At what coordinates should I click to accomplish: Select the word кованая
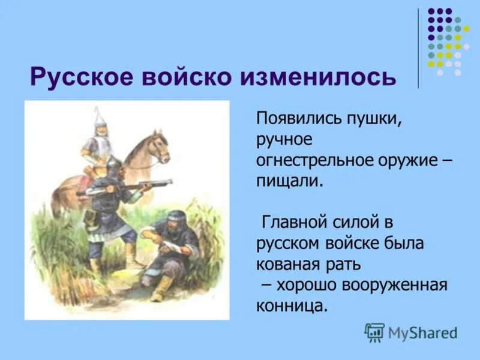click(x=287, y=265)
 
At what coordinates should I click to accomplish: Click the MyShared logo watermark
click(x=411, y=331)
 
